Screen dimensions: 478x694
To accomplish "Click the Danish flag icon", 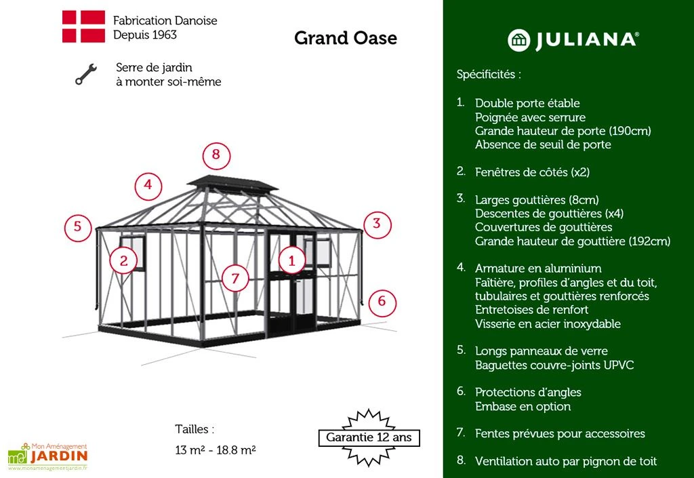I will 83,27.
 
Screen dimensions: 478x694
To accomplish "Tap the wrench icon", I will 85,75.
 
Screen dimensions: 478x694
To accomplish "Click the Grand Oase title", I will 345,38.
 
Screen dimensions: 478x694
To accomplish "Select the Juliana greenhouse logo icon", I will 518,40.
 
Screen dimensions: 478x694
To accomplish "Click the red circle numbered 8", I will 216,155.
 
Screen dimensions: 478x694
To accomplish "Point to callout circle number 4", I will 148,186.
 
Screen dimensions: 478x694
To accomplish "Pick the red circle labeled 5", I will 78,226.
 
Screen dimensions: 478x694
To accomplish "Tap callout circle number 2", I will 123,260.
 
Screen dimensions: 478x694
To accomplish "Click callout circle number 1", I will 292,260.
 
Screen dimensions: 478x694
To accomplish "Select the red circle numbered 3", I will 377,224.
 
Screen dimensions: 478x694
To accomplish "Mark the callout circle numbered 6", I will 382,301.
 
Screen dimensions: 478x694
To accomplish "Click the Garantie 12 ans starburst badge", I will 369,437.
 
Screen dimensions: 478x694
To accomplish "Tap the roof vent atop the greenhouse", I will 232,184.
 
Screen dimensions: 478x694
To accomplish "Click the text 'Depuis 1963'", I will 140,34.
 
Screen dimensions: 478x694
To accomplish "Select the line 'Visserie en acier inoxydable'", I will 548,323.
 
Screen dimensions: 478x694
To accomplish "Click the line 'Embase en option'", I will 523,407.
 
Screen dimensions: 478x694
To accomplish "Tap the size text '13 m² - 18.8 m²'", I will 215,450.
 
